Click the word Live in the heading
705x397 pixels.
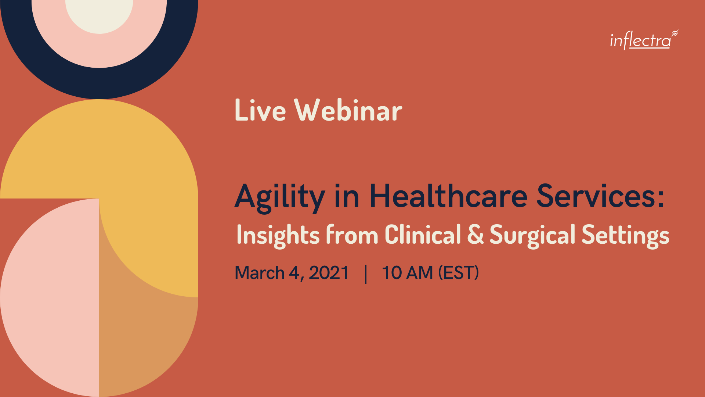coord(260,110)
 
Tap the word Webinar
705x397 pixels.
coord(348,110)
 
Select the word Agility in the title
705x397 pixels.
coord(280,197)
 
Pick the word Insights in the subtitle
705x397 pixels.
coord(278,235)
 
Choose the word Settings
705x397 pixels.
coord(625,235)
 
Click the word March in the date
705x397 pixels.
coord(260,273)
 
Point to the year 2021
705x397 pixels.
coord(329,273)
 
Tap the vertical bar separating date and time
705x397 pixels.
coord(366,274)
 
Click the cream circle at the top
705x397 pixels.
coord(99,15)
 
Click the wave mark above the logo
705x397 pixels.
coord(675,33)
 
